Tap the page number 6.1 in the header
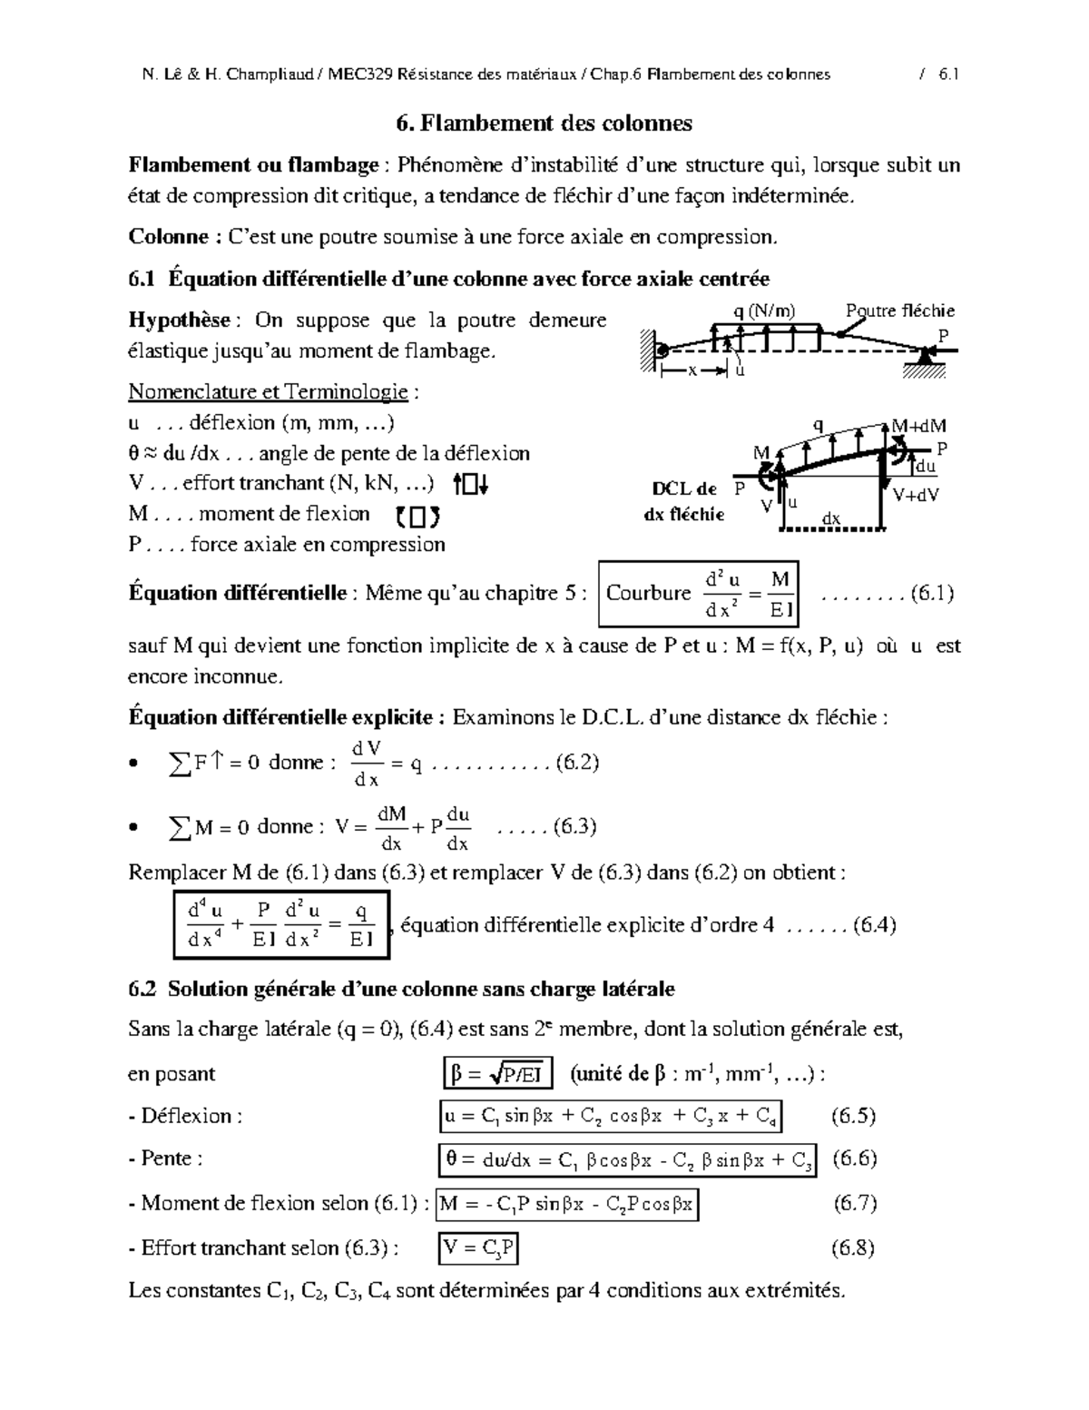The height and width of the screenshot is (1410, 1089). [947, 74]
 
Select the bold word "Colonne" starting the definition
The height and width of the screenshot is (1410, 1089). [169, 237]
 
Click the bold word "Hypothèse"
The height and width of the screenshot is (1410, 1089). [184, 320]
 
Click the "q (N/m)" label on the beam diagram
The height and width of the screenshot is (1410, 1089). [764, 311]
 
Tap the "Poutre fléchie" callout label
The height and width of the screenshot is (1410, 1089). [899, 311]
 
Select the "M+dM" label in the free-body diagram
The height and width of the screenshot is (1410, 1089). [918, 426]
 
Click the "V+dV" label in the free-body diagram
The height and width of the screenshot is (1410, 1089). [915, 495]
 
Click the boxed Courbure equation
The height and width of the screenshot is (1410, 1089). [699, 594]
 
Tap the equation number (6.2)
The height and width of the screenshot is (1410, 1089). [577, 763]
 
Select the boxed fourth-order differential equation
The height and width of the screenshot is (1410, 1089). [281, 925]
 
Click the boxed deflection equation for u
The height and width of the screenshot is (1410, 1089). [609, 1117]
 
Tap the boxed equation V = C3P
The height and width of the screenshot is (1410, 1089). [478, 1249]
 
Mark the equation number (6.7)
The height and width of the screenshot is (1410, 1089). [854, 1204]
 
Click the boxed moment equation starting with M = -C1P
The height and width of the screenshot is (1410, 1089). [567, 1205]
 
